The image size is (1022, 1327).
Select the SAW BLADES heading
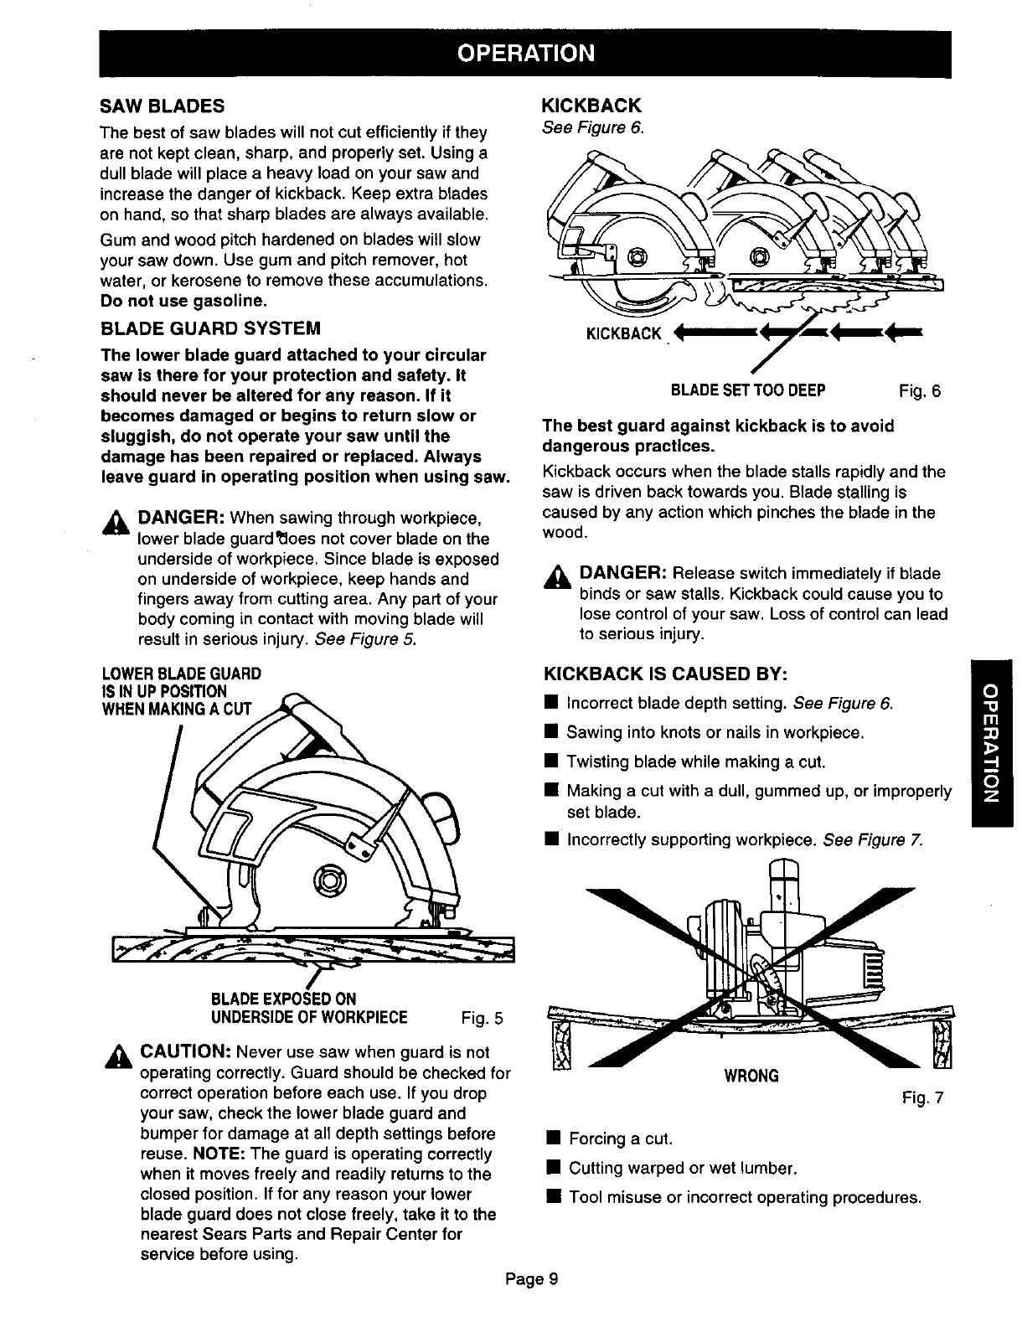(162, 106)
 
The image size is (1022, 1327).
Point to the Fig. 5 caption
(483, 1019)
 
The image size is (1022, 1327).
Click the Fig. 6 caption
(920, 390)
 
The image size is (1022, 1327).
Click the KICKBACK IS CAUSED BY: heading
(667, 674)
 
